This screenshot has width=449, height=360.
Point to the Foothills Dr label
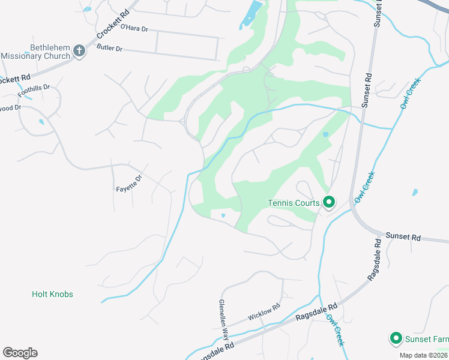[x=34, y=91]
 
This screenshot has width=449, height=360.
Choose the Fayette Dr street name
[x=129, y=183]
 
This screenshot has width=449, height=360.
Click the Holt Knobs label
[x=52, y=295]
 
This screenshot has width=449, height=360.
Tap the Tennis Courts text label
[x=294, y=203]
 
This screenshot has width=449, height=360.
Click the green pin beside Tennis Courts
[x=328, y=203]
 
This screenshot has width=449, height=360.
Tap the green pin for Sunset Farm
[x=396, y=339]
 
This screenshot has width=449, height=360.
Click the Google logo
[x=20, y=353]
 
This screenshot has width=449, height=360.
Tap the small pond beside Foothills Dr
[x=41, y=122]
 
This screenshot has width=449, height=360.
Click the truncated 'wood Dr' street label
[x=10, y=109]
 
